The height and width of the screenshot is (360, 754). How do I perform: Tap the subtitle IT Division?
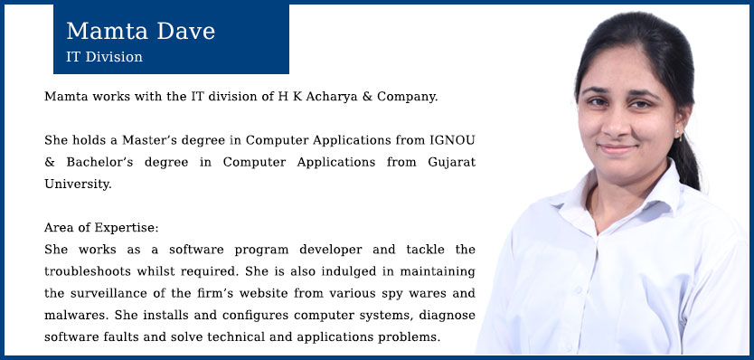104,57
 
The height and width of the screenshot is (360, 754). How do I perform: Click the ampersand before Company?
367,97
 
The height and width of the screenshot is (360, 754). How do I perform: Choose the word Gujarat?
451,163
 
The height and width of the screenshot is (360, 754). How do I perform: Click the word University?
78,185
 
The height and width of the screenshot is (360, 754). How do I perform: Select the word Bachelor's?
99,162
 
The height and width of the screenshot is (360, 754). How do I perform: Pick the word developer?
330,251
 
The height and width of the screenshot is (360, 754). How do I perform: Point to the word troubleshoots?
89,271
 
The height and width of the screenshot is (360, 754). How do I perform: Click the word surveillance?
108,293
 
